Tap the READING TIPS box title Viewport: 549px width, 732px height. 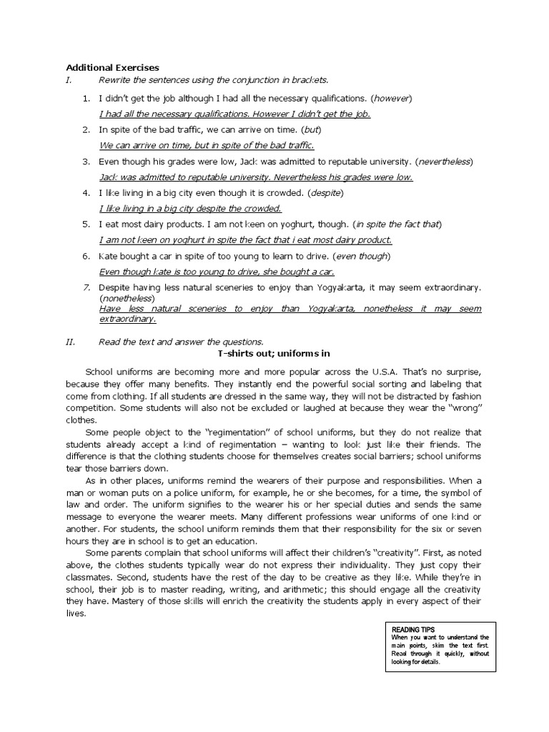coord(411,630)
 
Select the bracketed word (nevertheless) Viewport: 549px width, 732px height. coord(445,162)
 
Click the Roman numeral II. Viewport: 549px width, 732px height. coord(70,341)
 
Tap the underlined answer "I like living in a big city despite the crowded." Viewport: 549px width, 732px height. coord(190,209)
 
